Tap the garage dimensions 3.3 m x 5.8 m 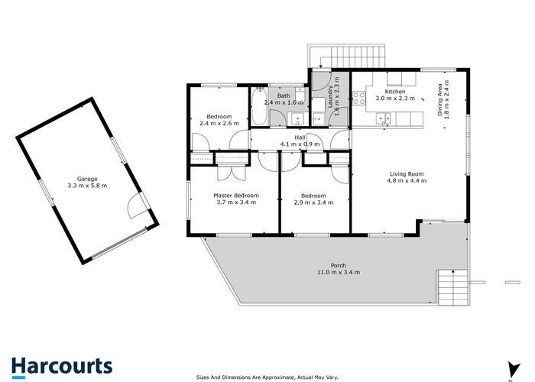point(87,186)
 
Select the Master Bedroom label point(235,196)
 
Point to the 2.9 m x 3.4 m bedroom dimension point(314,203)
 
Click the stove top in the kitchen point(359,98)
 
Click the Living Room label point(405,174)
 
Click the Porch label point(338,264)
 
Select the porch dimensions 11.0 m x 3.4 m point(338,272)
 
